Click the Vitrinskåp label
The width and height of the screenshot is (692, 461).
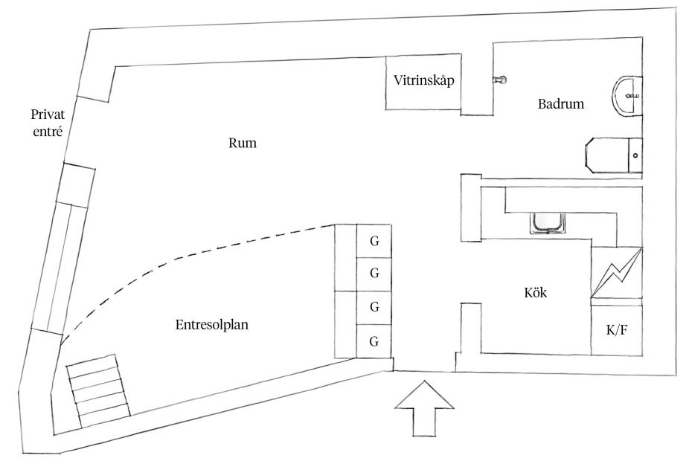[x=423, y=81]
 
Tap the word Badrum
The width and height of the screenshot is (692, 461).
[x=561, y=103]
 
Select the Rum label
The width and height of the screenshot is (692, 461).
[x=243, y=143]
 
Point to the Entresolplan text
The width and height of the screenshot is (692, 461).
[x=212, y=325]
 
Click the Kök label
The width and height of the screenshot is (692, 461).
[x=535, y=292]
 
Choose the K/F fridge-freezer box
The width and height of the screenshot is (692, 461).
[x=617, y=330]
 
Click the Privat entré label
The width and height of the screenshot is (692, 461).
[x=48, y=123]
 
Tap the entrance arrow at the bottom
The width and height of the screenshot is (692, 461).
[x=424, y=408]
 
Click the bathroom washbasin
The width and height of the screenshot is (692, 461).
[x=627, y=96]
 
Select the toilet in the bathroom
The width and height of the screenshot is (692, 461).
[x=613, y=155]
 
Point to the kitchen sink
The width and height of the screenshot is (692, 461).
[x=547, y=223]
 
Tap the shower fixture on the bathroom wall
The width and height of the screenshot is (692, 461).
[x=499, y=80]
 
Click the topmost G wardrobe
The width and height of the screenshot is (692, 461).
[x=374, y=242]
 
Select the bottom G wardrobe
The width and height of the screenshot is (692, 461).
[x=374, y=341]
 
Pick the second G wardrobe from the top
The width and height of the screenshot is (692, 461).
[x=374, y=274]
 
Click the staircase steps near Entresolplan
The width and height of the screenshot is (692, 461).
[x=98, y=391]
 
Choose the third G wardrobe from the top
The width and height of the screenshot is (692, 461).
[x=374, y=308]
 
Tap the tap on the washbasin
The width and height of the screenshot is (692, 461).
[x=633, y=95]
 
